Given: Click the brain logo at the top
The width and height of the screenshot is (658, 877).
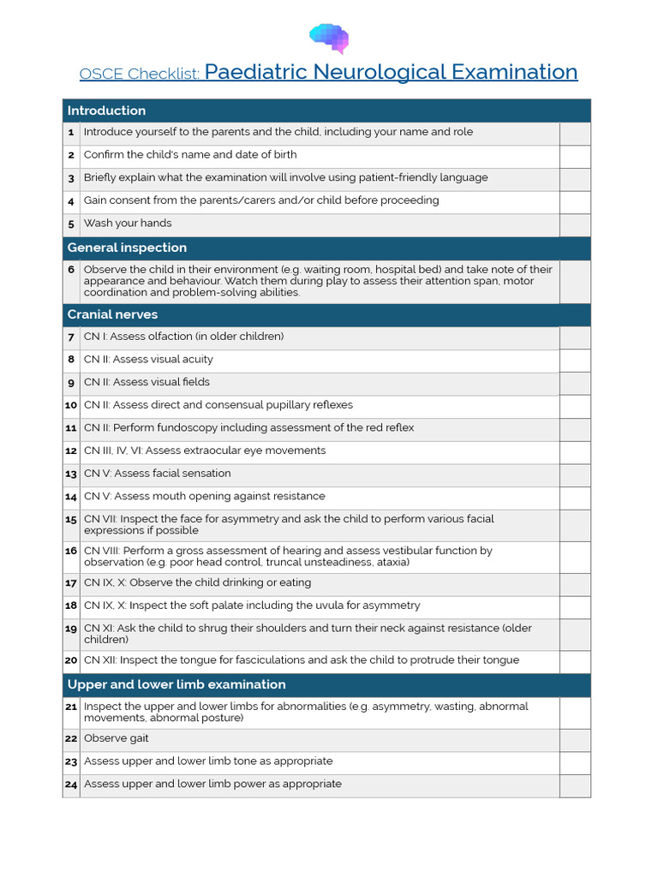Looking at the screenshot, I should pyautogui.click(x=329, y=38).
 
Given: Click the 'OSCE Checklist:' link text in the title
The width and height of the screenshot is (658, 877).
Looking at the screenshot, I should pyautogui.click(x=140, y=74).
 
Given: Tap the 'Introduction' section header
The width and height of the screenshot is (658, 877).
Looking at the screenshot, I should pyautogui.click(x=106, y=110).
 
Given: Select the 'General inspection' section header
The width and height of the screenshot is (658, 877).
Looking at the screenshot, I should pyautogui.click(x=127, y=248).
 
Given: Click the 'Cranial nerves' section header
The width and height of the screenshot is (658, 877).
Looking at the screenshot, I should pyautogui.click(x=112, y=314).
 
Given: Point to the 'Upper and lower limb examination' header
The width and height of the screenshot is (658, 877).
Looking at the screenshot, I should pyautogui.click(x=176, y=684).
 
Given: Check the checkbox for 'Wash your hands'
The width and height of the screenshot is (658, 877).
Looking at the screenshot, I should pyautogui.click(x=575, y=224).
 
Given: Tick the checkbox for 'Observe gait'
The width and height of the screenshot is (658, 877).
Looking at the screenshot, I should pyautogui.click(x=575, y=740).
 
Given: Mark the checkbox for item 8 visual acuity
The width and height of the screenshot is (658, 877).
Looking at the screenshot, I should pyautogui.click(x=575, y=361).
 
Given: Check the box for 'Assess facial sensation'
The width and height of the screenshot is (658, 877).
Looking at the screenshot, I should pyautogui.click(x=575, y=474).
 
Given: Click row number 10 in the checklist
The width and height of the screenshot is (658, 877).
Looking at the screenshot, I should pyautogui.click(x=71, y=406).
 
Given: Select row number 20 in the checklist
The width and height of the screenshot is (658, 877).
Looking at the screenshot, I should pyautogui.click(x=71, y=661).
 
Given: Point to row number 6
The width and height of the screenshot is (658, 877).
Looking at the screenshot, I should pyautogui.click(x=71, y=270).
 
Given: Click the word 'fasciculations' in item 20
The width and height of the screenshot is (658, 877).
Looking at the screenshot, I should pyautogui.click(x=254, y=660).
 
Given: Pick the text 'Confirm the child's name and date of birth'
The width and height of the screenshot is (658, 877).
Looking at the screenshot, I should pyautogui.click(x=190, y=155).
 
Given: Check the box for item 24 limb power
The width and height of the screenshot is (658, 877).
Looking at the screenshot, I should pyautogui.click(x=575, y=785).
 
